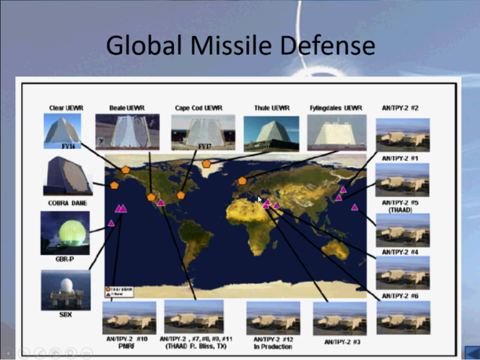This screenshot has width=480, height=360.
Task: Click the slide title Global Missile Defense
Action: click(x=240, y=45)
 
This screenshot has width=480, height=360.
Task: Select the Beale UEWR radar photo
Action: click(x=127, y=131)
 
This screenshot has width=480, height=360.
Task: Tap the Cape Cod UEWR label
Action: click(x=199, y=108)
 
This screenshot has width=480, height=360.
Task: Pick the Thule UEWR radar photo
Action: click(x=271, y=133)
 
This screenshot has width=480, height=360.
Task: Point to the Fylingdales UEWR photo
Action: click(x=336, y=131)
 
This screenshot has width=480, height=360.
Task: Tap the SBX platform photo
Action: click(x=64, y=289)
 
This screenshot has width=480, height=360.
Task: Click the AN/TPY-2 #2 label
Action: click(x=400, y=108)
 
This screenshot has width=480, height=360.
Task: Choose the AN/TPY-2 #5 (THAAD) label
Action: click(x=401, y=206)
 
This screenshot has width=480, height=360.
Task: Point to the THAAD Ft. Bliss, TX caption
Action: click(x=196, y=342)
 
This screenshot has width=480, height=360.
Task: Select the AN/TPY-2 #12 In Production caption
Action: click(x=273, y=342)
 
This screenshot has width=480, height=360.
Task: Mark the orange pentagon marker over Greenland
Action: click(x=206, y=164)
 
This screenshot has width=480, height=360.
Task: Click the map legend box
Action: click(x=119, y=291)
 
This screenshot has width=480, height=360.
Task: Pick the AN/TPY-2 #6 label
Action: click(x=400, y=296)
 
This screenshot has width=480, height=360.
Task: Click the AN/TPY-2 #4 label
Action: click(x=400, y=252)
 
